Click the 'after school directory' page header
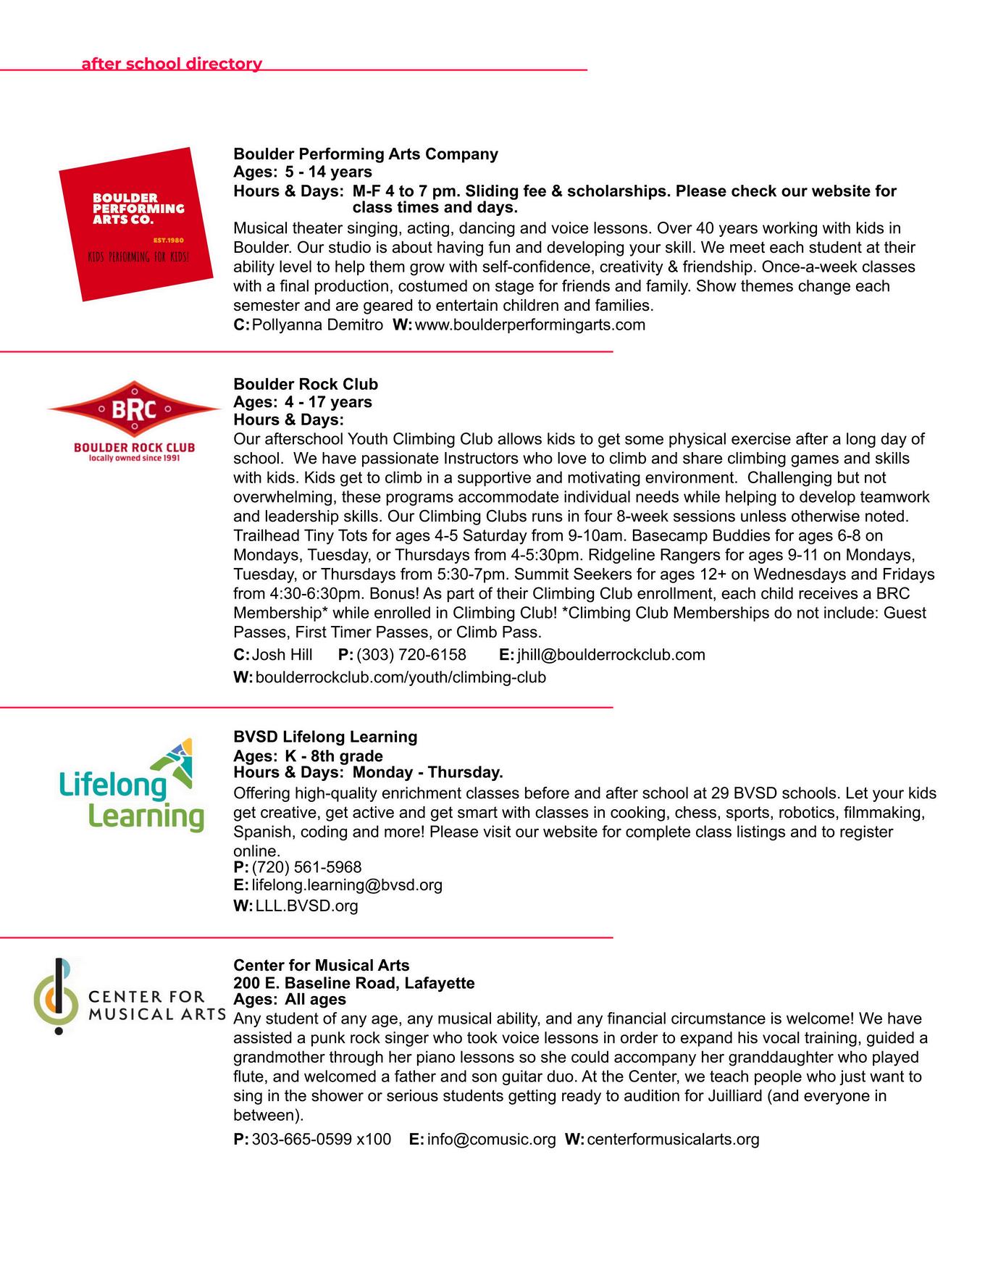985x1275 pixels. click(172, 64)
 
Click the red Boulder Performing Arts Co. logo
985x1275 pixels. click(136, 224)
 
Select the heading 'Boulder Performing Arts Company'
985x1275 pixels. click(366, 154)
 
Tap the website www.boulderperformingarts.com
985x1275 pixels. click(530, 325)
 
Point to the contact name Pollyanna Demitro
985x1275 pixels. click(317, 325)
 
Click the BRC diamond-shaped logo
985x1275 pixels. click(135, 409)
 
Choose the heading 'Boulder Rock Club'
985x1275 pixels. click(306, 384)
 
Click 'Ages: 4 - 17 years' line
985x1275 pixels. click(303, 402)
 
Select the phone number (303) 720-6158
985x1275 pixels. click(411, 655)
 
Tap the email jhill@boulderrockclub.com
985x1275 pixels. click(611, 655)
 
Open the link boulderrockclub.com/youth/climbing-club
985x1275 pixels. click(401, 677)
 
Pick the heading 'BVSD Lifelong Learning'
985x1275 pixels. click(325, 737)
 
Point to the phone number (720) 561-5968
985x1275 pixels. click(306, 867)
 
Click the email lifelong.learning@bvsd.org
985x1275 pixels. click(347, 885)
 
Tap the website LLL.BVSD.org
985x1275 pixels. click(306, 906)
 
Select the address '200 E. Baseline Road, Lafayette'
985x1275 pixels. click(354, 983)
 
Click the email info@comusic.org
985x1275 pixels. click(491, 1140)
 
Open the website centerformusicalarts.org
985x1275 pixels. click(673, 1140)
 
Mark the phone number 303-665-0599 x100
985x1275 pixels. click(321, 1140)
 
